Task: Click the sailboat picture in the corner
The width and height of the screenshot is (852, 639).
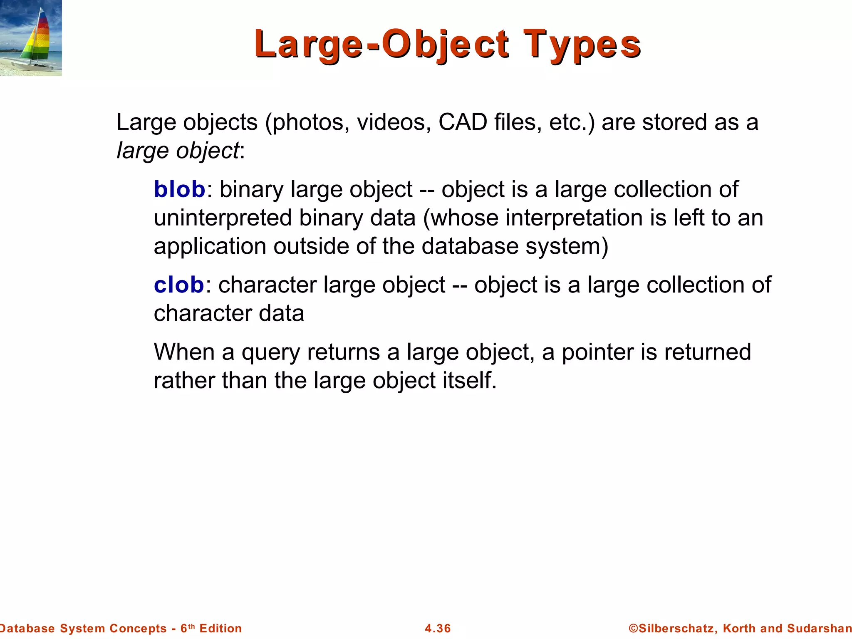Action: [x=31, y=38]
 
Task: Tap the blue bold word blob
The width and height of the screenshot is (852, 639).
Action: [x=179, y=189]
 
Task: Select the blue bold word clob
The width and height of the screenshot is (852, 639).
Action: [x=179, y=285]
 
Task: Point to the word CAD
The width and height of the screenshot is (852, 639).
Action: [x=463, y=122]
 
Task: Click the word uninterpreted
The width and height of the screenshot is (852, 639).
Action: [x=223, y=218]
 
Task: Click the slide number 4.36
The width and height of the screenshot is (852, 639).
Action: [x=438, y=628]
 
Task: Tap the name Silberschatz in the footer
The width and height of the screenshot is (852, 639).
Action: [x=676, y=628]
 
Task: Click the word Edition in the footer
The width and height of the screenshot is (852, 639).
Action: [x=220, y=628]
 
